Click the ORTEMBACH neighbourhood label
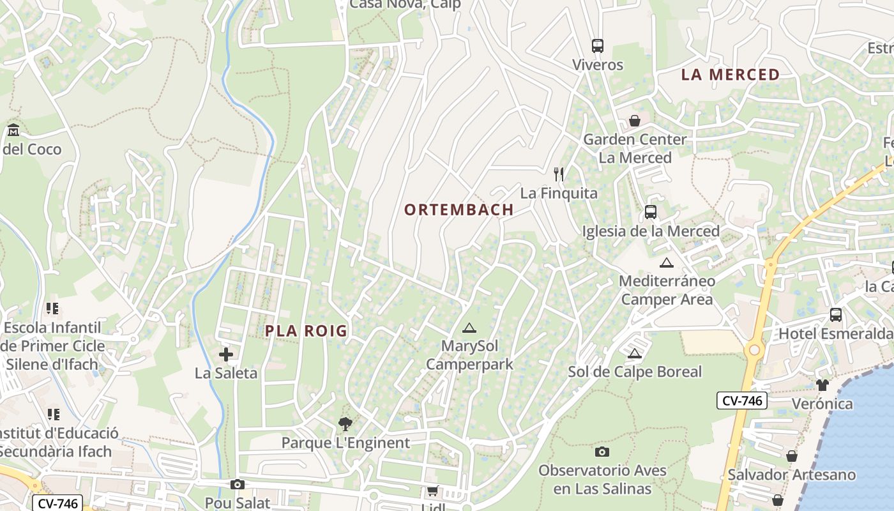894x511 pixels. tap(459, 210)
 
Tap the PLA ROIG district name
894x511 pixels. tap(307, 331)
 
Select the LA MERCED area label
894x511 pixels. tap(731, 75)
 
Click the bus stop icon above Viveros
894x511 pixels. tap(598, 46)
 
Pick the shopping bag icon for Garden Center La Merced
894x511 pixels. tap(635, 121)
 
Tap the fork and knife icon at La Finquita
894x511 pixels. tap(559, 174)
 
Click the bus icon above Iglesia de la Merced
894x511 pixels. tap(651, 212)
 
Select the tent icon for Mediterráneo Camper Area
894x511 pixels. tap(667, 263)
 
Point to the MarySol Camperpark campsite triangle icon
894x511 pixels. tap(469, 328)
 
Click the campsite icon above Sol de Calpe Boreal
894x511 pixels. tap(634, 353)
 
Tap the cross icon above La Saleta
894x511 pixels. tap(226, 355)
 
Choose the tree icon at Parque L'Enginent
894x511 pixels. tap(345, 423)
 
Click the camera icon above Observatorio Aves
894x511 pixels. tap(602, 452)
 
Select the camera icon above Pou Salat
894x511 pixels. tap(238, 485)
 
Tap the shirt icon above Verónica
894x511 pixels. tap(822, 385)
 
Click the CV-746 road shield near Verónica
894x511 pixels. tap(741, 400)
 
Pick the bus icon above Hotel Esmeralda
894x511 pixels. tap(835, 314)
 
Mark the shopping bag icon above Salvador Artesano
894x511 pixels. tap(792, 456)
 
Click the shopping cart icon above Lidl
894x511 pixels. tap(433, 491)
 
